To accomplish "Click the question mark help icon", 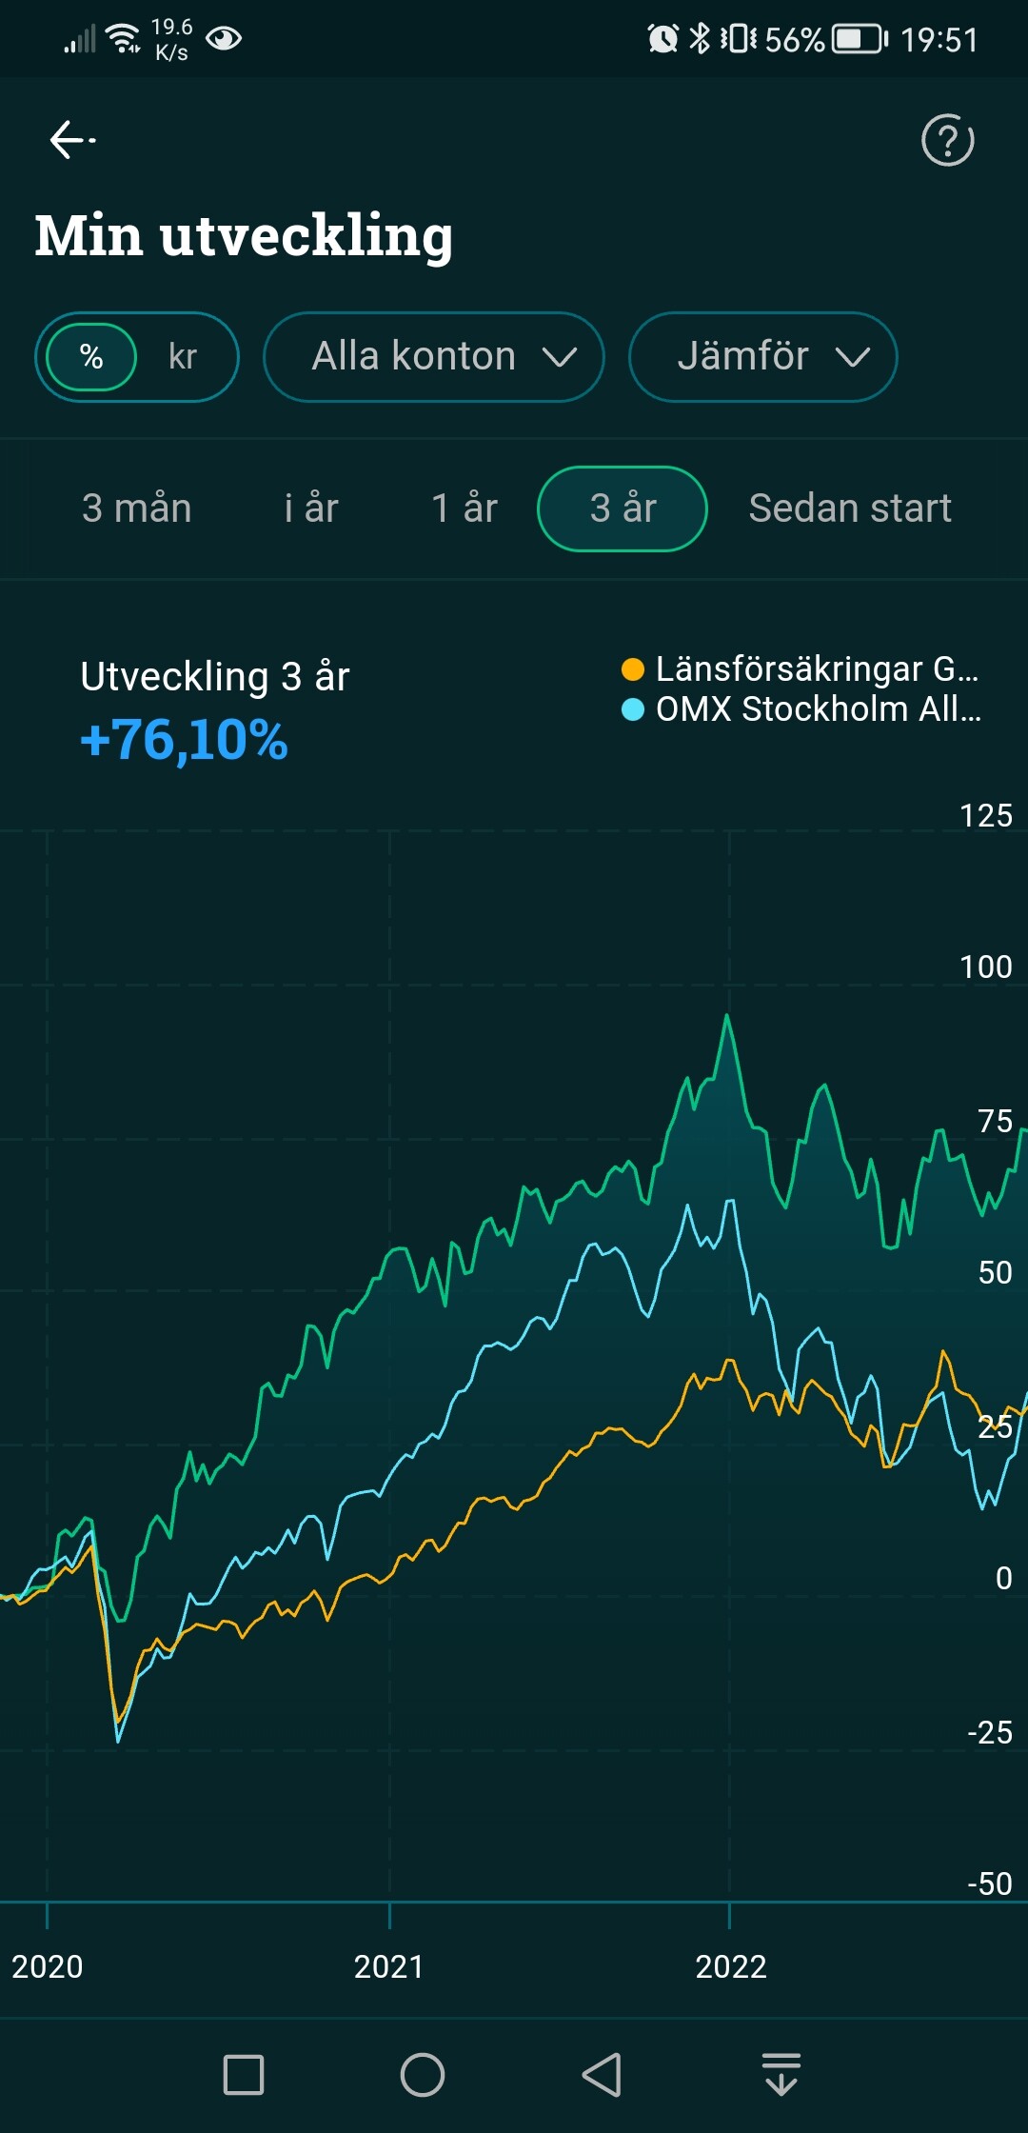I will click(947, 140).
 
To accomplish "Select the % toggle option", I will click(91, 357).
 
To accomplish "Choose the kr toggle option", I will click(182, 357).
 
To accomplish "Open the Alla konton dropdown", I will click(434, 357).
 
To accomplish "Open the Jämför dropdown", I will click(762, 357).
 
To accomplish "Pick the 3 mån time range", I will click(137, 508).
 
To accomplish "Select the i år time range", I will click(311, 508).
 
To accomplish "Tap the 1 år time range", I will click(465, 508).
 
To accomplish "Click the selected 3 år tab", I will click(623, 508).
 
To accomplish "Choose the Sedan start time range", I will click(850, 508).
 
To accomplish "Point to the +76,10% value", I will click(184, 740).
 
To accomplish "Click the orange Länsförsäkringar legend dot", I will click(632, 669).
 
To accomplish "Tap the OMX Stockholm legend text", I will click(818, 709).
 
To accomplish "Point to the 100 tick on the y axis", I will click(985, 967).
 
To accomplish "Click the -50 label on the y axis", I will click(989, 1884).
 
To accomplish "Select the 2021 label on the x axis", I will click(388, 1966).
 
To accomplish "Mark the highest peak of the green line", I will click(727, 1016).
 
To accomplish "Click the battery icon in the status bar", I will click(860, 39).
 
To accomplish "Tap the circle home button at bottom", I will click(423, 2075).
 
